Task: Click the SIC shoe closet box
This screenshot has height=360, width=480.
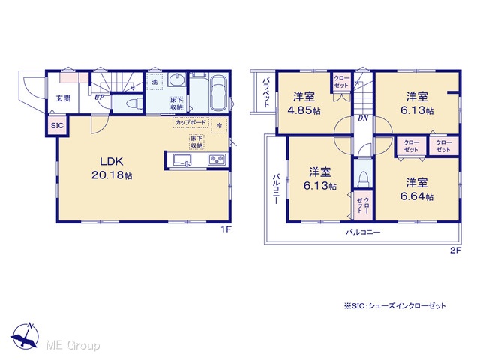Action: [57, 125]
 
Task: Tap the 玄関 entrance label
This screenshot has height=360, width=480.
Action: [63, 98]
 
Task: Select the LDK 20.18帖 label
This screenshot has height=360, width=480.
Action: [112, 168]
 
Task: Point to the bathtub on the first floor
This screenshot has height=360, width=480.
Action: [218, 94]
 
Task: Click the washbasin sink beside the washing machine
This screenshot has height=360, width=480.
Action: [177, 80]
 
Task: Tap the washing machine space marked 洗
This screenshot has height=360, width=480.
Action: [155, 82]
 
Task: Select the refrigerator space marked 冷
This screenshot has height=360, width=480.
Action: [219, 125]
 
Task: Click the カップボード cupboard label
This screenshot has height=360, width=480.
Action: [190, 122]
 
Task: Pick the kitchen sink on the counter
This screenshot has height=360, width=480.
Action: [182, 160]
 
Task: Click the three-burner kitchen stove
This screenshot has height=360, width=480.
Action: [217, 160]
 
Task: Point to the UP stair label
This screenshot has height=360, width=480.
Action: [99, 97]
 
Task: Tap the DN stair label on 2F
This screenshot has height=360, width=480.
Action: [363, 118]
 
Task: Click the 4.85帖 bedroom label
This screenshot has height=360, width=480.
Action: [304, 103]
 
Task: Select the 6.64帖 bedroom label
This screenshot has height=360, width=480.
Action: [417, 190]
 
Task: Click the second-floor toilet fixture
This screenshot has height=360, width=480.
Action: [363, 179]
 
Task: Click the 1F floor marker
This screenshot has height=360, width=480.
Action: [226, 229]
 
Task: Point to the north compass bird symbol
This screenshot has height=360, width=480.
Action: [25, 336]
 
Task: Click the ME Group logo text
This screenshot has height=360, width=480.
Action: [73, 345]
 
